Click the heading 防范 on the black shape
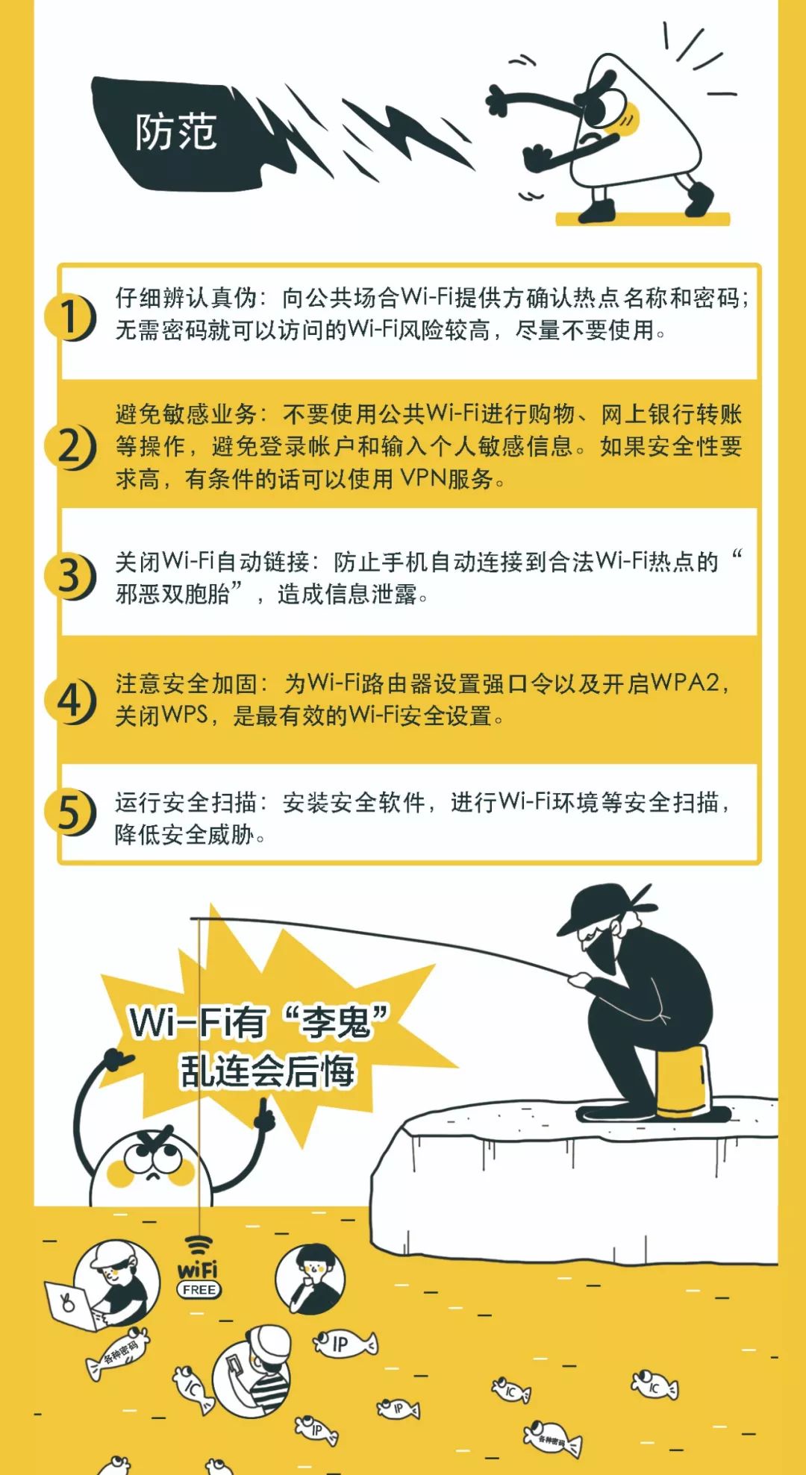pyautogui.click(x=176, y=132)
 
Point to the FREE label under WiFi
pyautogui.click(x=199, y=1289)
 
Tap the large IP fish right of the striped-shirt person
pyautogui.click(x=344, y=1344)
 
